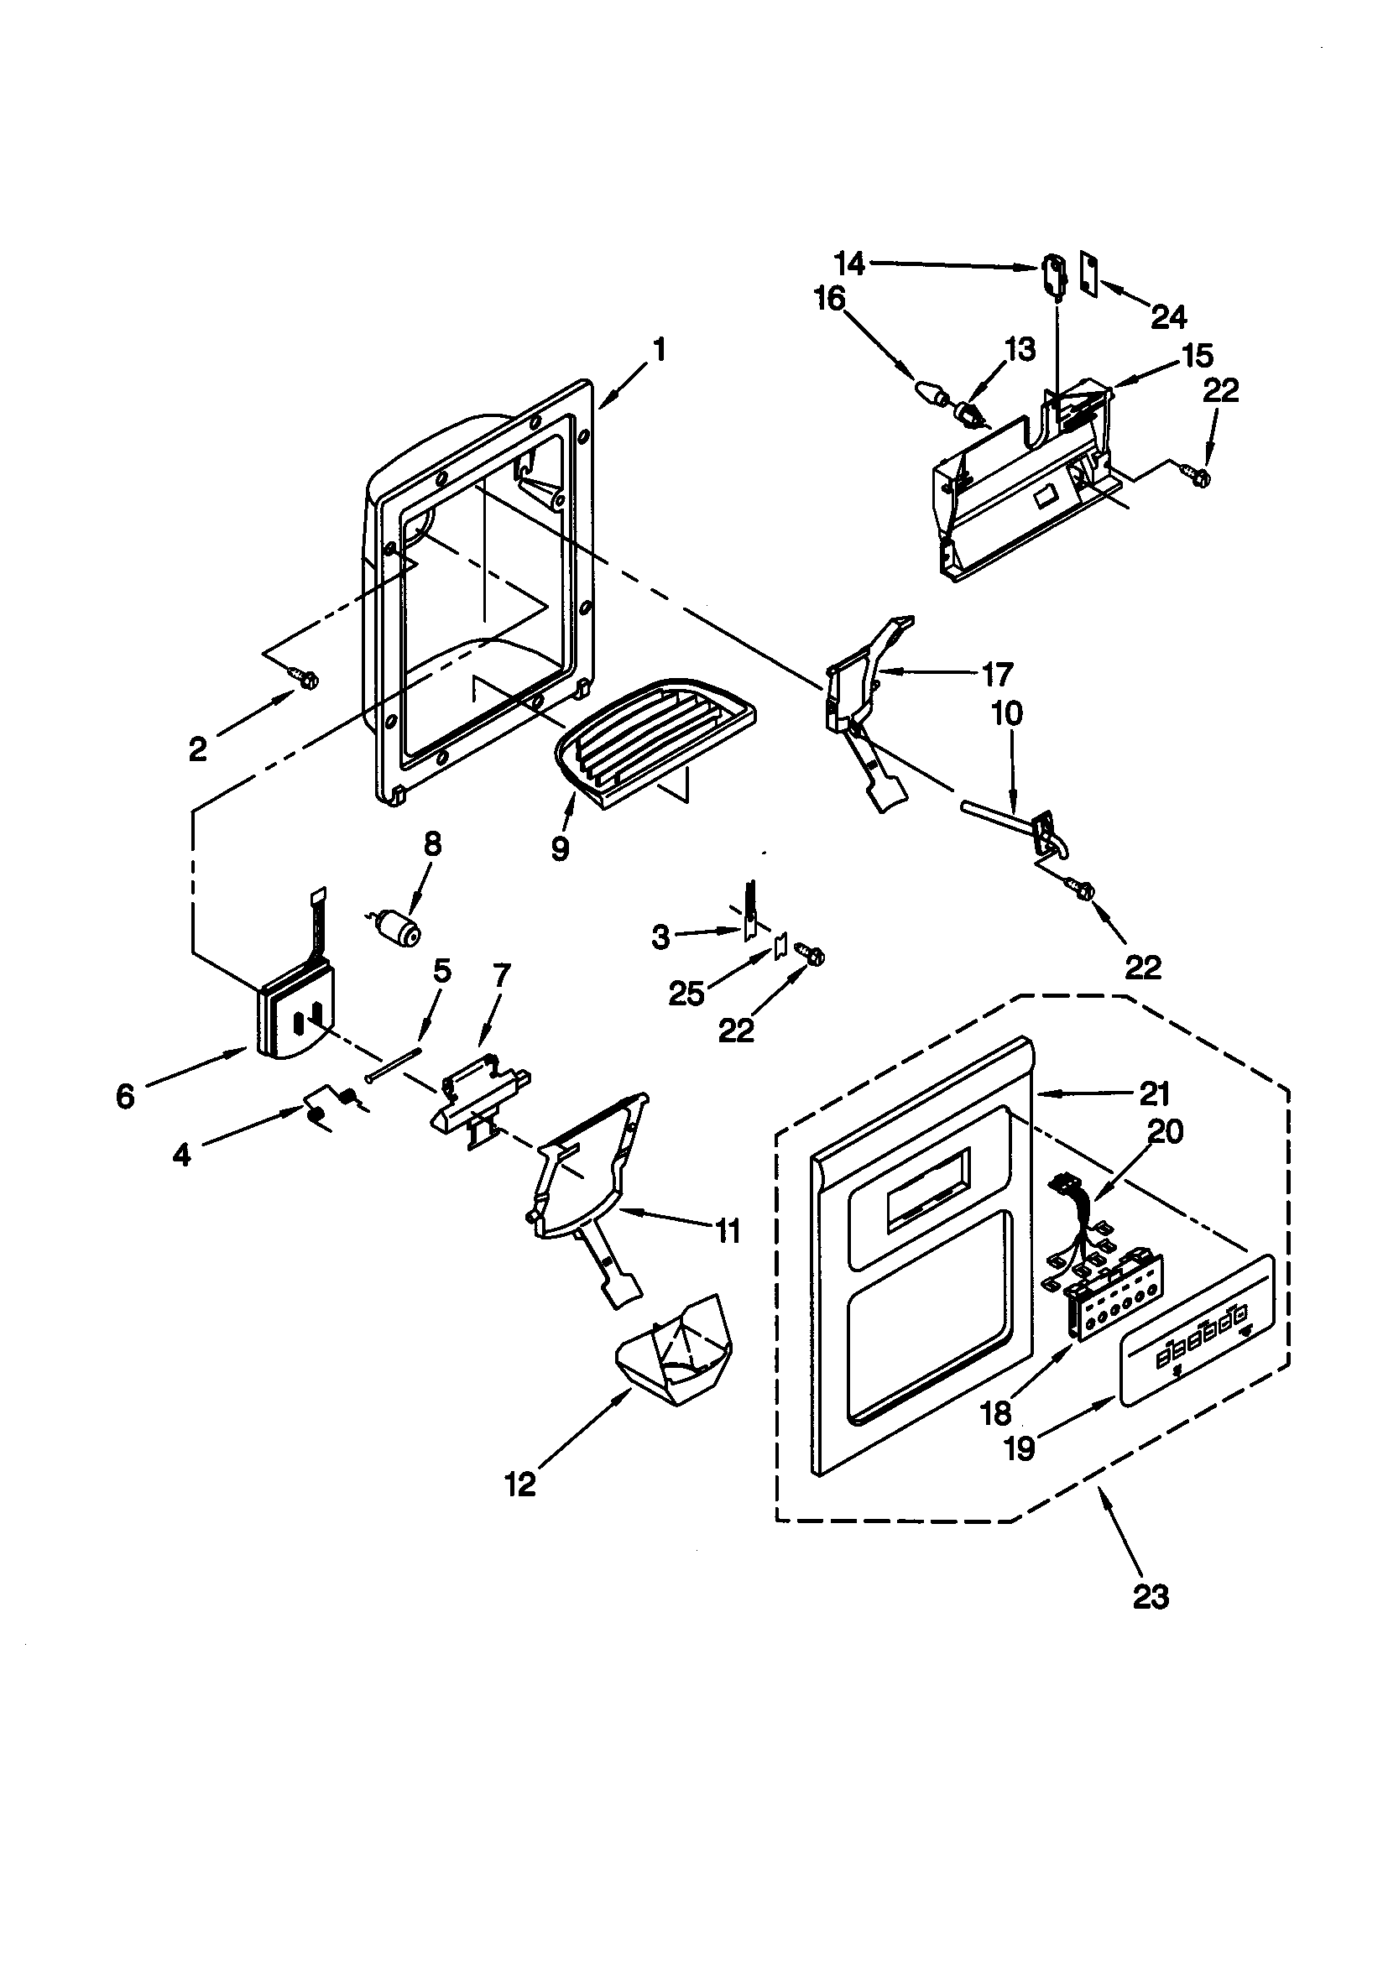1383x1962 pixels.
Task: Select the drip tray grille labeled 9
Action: pos(651,742)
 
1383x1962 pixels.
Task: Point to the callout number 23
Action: pos(1151,1594)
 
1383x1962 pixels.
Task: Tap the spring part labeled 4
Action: pos(333,1105)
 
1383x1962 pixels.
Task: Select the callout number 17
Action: pos(997,674)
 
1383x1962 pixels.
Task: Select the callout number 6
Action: pos(126,1095)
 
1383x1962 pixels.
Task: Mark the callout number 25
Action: pos(686,993)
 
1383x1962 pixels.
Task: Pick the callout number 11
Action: pos(728,1231)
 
